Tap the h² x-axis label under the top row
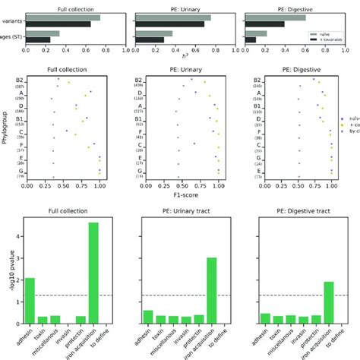click(x=180, y=58)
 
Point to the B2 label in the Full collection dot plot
click(x=19, y=79)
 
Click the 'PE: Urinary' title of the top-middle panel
click(x=180, y=6)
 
